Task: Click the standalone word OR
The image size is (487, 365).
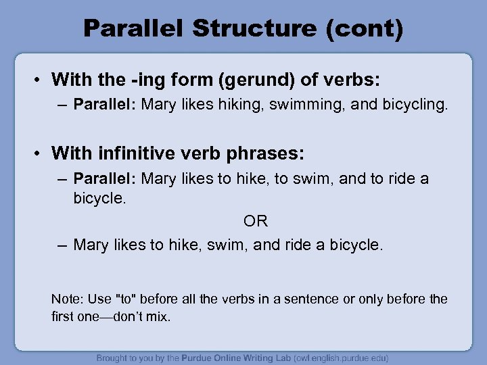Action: (255, 221)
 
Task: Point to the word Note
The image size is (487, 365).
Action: (65, 299)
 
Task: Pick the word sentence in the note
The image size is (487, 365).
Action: (315, 299)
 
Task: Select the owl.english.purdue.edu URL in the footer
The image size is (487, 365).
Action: (331, 358)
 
